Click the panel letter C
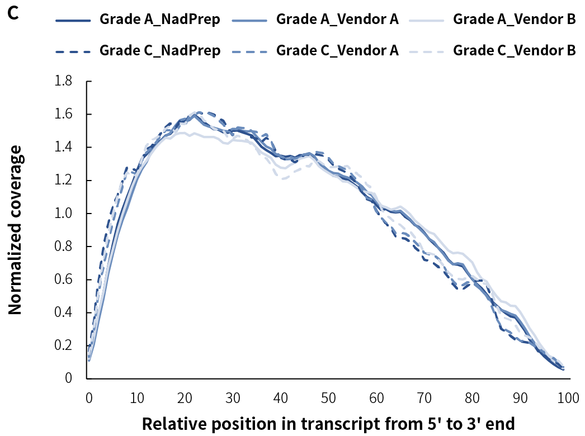pyautogui.click(x=13, y=13)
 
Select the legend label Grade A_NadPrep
pyautogui.click(x=159, y=20)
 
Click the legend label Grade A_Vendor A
pyautogui.click(x=337, y=20)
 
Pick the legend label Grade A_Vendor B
pyautogui.click(x=514, y=20)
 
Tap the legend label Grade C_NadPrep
pyautogui.click(x=159, y=50)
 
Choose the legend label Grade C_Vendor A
pyautogui.click(x=337, y=50)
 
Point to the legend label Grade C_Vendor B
pyautogui.click(x=514, y=50)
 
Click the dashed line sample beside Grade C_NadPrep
pyautogui.click(x=73, y=51)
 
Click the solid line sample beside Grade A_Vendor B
pyautogui.click(x=427, y=20)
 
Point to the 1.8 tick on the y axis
pyautogui.click(x=64, y=82)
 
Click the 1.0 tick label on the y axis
pyautogui.click(x=64, y=214)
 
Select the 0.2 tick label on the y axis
pyautogui.click(x=64, y=345)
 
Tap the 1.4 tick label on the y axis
pyautogui.click(x=64, y=148)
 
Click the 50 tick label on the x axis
pyautogui.click(x=329, y=398)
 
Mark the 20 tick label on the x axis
pyautogui.click(x=185, y=398)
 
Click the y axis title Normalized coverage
pyautogui.click(x=15, y=229)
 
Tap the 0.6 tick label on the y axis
pyautogui.click(x=64, y=279)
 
